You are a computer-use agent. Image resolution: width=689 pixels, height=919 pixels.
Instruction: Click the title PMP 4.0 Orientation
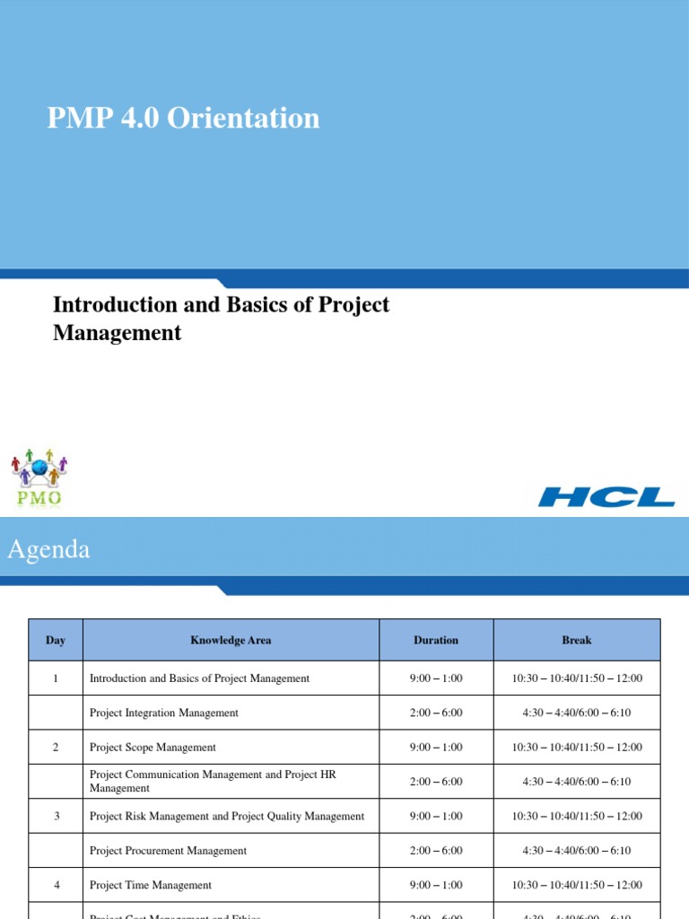tap(184, 118)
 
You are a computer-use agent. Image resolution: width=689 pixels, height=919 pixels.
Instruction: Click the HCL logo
tap(606, 496)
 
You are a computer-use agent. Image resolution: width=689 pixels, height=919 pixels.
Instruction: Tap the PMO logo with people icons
tap(39, 477)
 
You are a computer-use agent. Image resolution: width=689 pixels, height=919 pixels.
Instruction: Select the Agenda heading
tap(48, 549)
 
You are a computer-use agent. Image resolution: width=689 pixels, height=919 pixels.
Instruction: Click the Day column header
tap(56, 640)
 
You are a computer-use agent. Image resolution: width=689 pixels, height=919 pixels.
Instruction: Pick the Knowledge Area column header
tap(231, 640)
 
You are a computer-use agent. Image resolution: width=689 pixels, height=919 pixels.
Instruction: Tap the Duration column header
tap(436, 640)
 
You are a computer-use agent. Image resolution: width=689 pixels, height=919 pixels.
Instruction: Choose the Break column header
tap(577, 640)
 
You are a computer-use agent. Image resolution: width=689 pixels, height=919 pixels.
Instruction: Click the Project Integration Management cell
tap(164, 713)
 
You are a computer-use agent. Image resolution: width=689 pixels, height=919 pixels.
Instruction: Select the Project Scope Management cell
tap(153, 747)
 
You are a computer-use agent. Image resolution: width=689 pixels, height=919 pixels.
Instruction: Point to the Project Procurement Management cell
tap(168, 850)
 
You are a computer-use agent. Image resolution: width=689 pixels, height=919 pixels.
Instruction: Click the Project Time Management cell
tap(151, 885)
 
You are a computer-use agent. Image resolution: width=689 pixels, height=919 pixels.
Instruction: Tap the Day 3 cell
tap(56, 816)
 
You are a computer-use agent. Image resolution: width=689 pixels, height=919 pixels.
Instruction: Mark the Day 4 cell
tap(56, 885)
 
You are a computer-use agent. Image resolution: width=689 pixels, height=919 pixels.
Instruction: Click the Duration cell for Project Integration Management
tap(436, 713)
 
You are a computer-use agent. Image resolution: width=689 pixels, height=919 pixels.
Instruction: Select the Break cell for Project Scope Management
tap(577, 747)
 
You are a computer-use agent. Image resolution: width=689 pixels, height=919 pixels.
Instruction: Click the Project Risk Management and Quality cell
tap(227, 816)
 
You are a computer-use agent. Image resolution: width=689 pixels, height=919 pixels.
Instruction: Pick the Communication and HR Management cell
tap(213, 781)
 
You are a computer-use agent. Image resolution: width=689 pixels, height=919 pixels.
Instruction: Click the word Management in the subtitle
tap(118, 333)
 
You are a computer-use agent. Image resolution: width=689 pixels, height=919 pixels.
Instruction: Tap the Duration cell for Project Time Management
tap(436, 885)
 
